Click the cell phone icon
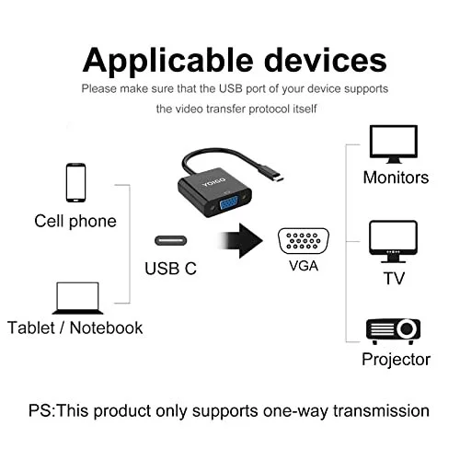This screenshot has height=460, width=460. [75, 182]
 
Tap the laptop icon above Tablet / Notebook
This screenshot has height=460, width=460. [77, 298]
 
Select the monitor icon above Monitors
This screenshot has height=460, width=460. [394, 144]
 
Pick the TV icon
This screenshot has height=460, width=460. [394, 241]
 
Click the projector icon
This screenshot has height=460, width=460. [393, 331]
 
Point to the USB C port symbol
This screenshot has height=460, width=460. [171, 240]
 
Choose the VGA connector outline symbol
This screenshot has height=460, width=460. [304, 241]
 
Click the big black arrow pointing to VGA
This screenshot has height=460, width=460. [241, 241]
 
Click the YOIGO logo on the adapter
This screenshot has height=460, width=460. [213, 181]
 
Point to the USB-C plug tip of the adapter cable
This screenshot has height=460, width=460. [279, 179]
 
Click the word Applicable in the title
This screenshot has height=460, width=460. [168, 61]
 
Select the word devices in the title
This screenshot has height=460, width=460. [326, 60]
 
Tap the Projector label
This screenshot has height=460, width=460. [396, 360]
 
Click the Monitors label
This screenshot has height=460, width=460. [396, 178]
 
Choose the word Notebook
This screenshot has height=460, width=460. [106, 328]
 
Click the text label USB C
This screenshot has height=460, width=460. [170, 269]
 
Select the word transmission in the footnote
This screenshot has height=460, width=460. [381, 410]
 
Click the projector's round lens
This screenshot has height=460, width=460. [407, 328]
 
